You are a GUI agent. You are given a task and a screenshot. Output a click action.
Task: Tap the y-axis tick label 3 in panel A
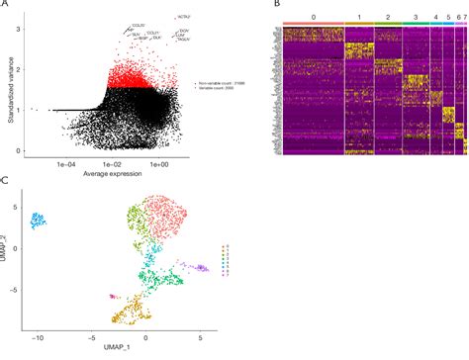click(x=22, y=31)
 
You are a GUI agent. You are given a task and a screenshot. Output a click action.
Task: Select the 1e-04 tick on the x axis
click(x=66, y=162)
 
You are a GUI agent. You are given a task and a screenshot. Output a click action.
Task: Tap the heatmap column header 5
click(x=447, y=18)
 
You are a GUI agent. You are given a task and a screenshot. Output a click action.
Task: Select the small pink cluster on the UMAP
click(x=114, y=296)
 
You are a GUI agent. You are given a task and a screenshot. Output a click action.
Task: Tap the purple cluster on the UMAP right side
click(x=200, y=267)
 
